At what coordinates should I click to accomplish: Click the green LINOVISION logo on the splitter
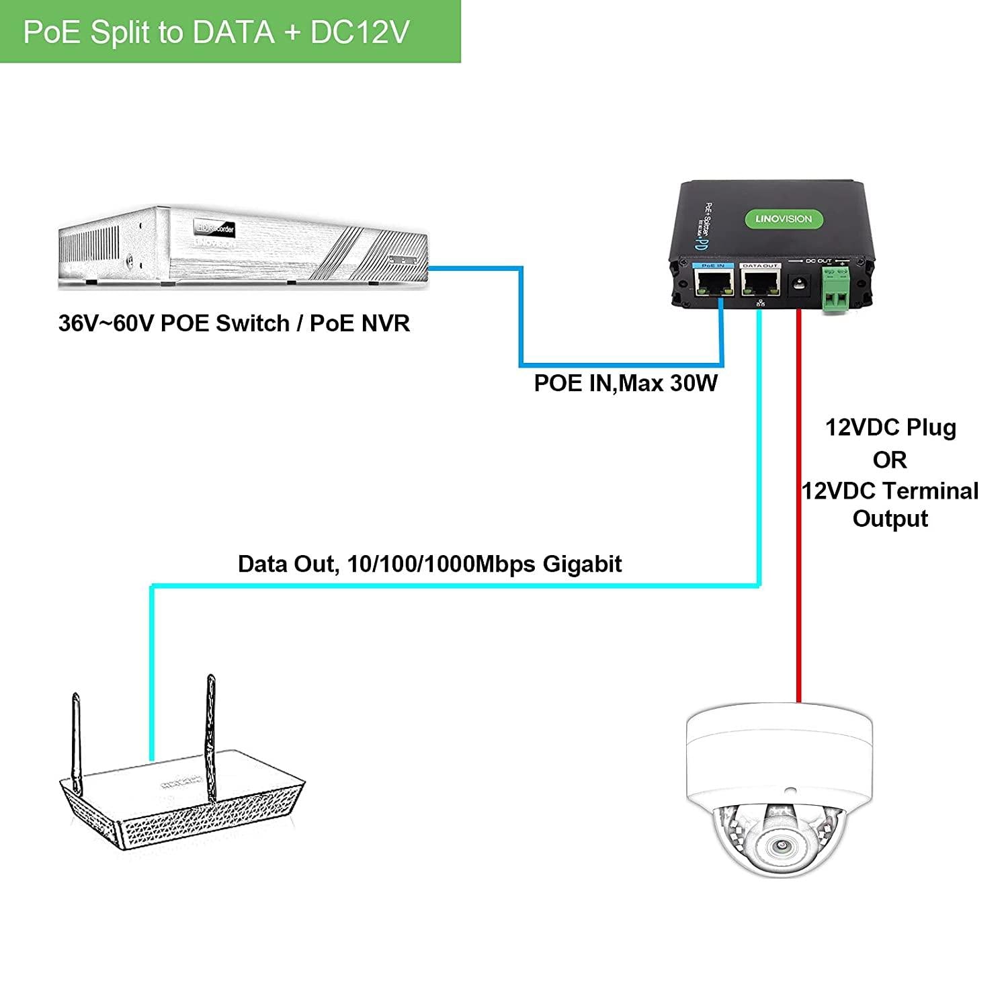(x=779, y=218)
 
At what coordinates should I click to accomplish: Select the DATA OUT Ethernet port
(x=760, y=285)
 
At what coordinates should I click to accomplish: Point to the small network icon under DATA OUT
(x=760, y=304)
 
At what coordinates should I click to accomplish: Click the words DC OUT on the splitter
(x=818, y=261)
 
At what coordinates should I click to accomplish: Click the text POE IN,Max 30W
(x=626, y=383)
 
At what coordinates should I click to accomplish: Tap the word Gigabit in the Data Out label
(x=582, y=563)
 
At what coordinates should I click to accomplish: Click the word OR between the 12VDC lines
(x=890, y=460)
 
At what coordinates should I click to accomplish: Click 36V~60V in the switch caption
(x=106, y=323)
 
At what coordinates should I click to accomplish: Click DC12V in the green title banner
(x=360, y=32)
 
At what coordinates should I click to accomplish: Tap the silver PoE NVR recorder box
(x=242, y=249)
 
